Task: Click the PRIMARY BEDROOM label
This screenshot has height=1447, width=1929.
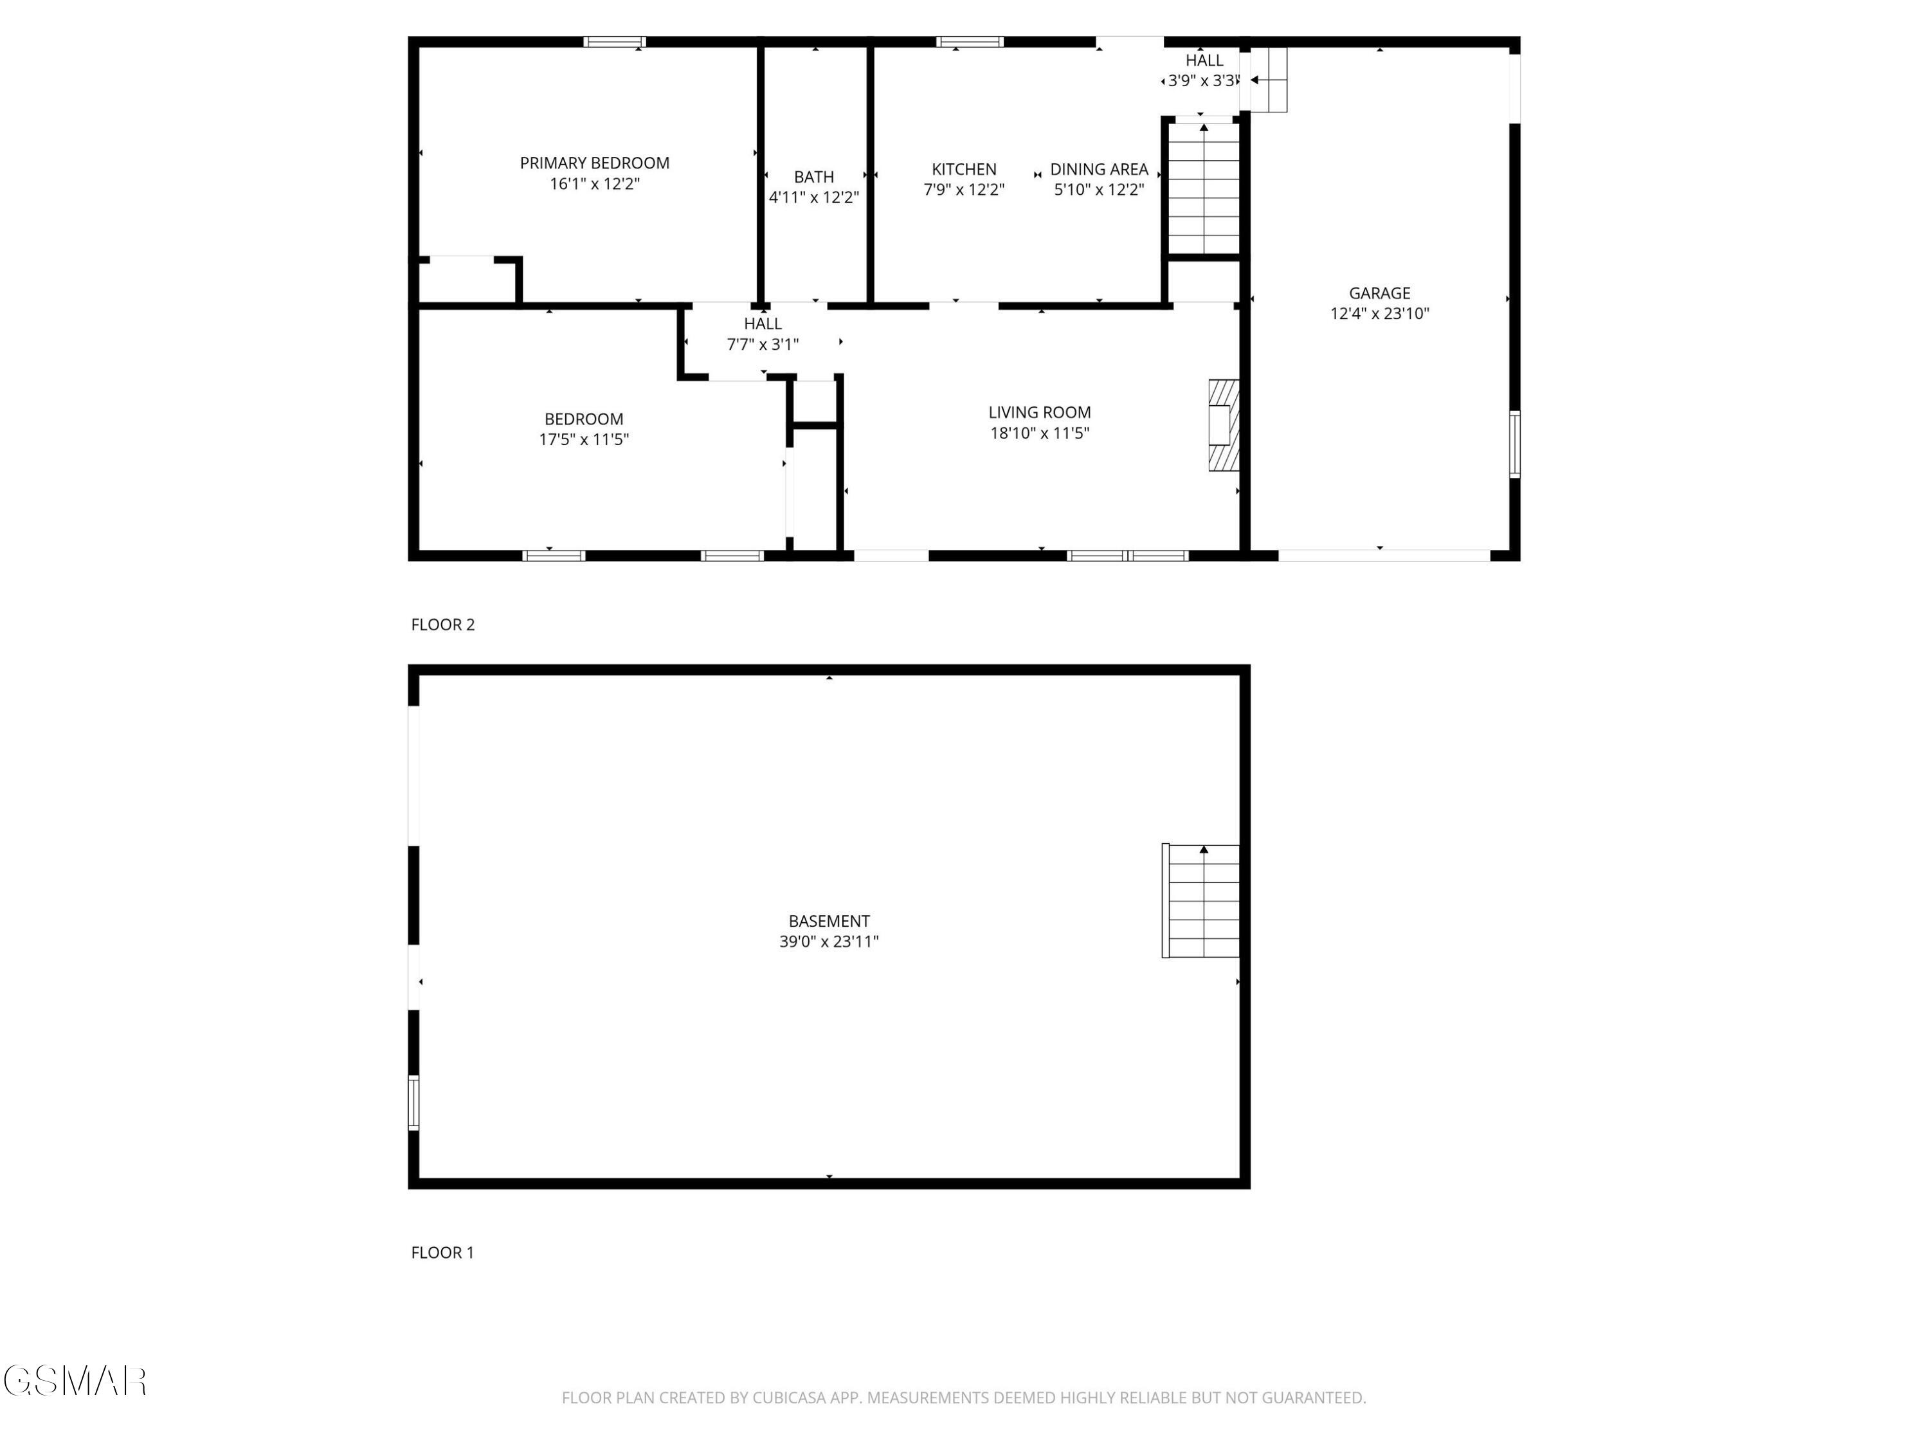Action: click(x=594, y=163)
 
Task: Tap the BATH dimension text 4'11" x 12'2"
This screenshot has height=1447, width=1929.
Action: click(x=813, y=198)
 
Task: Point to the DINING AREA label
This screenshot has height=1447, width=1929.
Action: click(x=1098, y=169)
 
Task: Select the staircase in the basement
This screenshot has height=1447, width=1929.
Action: click(x=1201, y=900)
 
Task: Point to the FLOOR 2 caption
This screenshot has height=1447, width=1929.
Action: click(x=442, y=624)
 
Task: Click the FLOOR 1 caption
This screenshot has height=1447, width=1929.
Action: click(x=442, y=1253)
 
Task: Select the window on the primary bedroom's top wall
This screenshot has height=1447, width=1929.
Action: click(x=614, y=42)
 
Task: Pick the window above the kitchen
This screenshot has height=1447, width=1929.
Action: click(x=969, y=42)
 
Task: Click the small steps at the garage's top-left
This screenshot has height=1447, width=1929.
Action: click(x=1268, y=79)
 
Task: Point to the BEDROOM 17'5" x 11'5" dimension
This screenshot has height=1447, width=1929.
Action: click(x=583, y=440)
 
